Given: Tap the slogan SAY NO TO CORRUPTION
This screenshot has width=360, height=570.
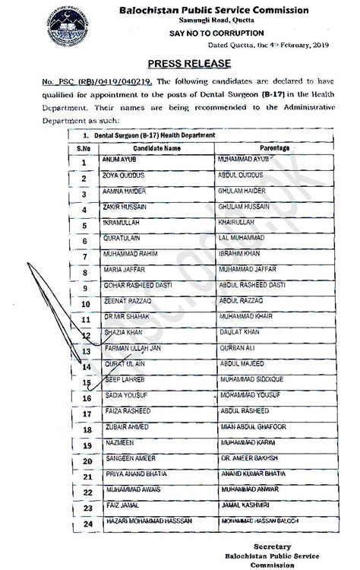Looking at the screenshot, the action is click(x=217, y=33).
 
